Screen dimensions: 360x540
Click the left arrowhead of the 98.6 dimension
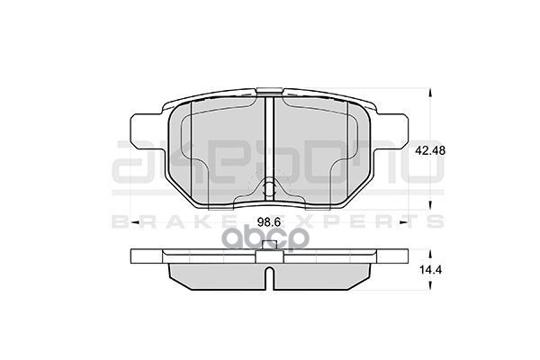[135, 221]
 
